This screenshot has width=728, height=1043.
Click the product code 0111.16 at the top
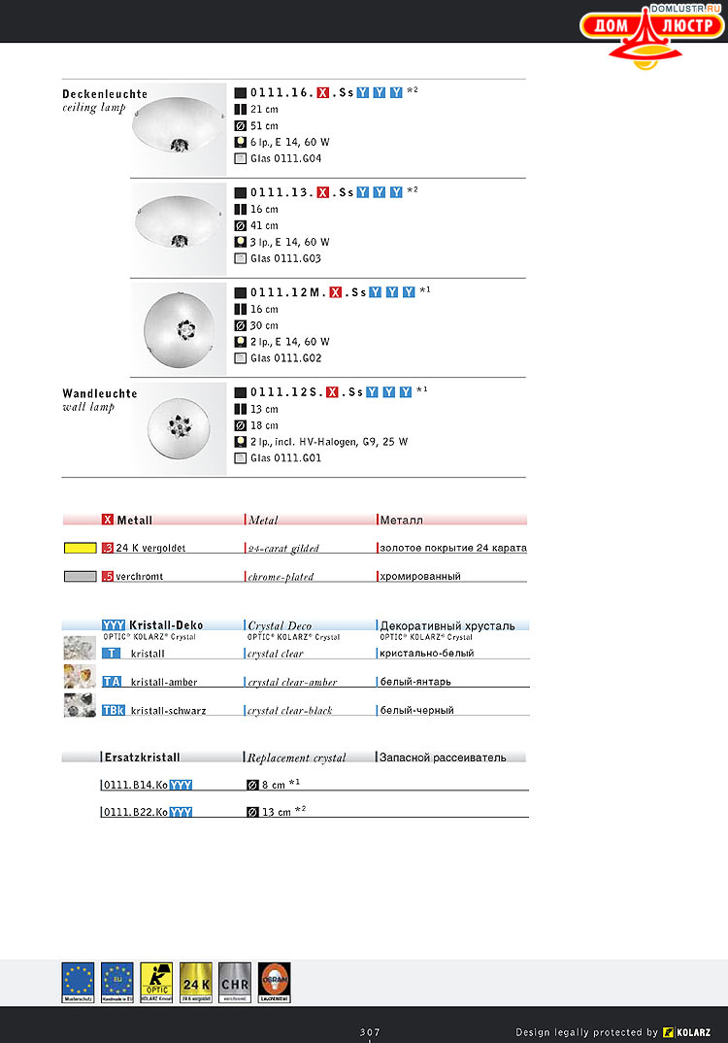pos(281,93)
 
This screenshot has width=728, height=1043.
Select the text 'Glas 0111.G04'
pos(285,158)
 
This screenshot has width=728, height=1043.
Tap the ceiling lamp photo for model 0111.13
pos(179,227)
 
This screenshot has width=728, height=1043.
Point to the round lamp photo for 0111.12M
pos(179,327)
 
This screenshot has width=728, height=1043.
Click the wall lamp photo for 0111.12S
pos(179,427)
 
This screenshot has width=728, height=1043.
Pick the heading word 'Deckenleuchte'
pos(105,94)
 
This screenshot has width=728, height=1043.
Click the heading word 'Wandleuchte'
pos(100,393)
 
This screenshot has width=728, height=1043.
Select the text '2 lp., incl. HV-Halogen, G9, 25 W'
pos(329,442)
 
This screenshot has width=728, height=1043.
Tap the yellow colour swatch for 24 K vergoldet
pos(79,548)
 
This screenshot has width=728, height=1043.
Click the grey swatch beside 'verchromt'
pos(79,576)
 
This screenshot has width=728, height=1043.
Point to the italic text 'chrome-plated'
pos(281,577)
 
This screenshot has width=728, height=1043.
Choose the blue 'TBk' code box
pos(114,710)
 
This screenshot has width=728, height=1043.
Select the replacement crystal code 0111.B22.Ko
pos(135,812)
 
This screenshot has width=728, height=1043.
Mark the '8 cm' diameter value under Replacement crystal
pos(273,785)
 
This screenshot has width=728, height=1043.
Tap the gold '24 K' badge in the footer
pos(196,982)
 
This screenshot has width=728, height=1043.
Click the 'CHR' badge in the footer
pos(235,982)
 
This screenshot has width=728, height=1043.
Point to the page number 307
pos(369,1031)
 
